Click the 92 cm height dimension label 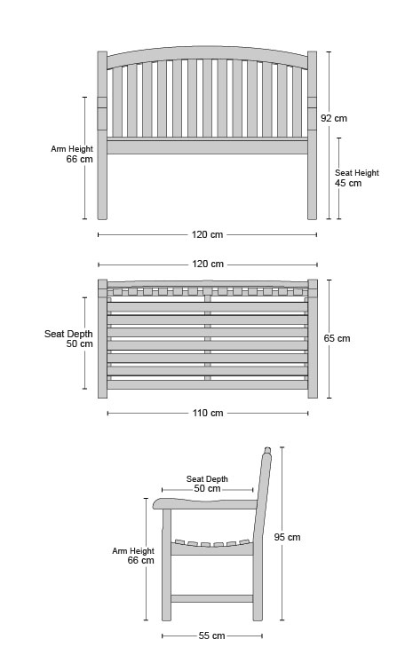tap(334, 118)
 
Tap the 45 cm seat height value tap(348, 183)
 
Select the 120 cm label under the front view tap(207, 234)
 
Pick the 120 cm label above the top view tap(208, 264)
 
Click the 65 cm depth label tap(337, 338)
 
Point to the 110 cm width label tap(208, 413)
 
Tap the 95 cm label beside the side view tap(287, 537)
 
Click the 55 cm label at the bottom tap(211, 635)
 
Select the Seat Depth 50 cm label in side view tap(207, 484)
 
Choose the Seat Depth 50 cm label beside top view tap(68, 338)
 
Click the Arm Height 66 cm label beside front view tap(72, 154)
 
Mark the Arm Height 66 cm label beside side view tap(133, 556)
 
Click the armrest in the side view tap(205, 503)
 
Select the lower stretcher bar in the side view tap(211, 598)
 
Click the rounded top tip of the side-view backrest tap(267, 451)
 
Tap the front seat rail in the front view tap(207, 146)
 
